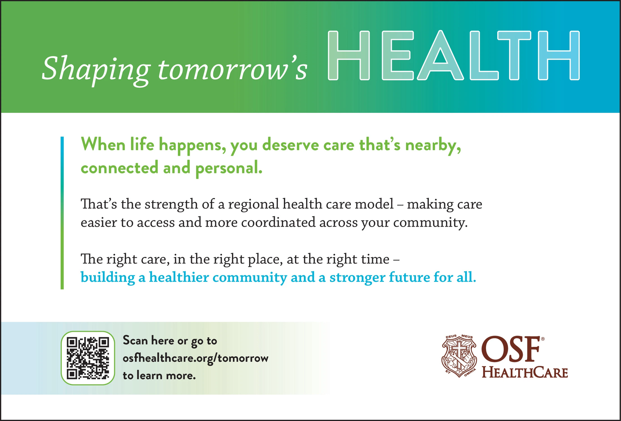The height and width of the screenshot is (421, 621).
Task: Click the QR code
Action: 88,358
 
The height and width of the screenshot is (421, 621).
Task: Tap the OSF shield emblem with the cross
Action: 459,356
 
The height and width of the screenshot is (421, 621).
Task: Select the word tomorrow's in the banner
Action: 232,70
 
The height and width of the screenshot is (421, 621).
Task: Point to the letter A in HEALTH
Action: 440,55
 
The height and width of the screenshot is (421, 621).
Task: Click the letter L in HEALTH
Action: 484,55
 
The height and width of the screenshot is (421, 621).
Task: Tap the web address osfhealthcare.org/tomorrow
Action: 196,359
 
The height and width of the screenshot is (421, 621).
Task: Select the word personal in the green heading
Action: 229,168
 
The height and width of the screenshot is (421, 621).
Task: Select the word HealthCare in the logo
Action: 525,372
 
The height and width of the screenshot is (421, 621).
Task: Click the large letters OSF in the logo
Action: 511,349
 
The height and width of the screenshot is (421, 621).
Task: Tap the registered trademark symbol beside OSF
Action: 543,339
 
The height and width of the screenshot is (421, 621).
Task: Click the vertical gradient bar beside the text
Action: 62,213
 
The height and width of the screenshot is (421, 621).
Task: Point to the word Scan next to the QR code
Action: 135,340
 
